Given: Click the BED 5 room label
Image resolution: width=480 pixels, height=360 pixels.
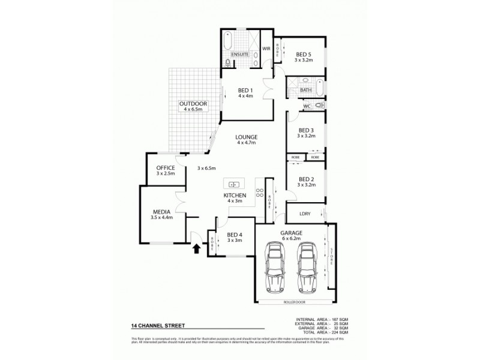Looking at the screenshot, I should (x=304, y=54).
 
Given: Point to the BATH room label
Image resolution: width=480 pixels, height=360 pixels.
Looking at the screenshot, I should (x=305, y=91).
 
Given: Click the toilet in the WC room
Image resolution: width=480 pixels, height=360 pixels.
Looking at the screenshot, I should (x=318, y=105).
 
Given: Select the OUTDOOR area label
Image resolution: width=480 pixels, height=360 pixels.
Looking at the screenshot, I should (x=193, y=104).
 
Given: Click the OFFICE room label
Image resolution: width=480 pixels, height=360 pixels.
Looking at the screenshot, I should (x=165, y=167).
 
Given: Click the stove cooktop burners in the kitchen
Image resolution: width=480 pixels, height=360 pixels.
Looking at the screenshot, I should (x=260, y=193).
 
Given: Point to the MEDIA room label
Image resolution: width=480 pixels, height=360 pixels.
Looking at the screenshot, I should (x=161, y=211).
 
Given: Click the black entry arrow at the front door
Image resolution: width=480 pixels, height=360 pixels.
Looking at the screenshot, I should (x=196, y=248).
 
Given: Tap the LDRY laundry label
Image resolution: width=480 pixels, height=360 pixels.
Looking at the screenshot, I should (x=296, y=214).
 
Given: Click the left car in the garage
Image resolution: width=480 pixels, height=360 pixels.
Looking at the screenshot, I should (x=276, y=266).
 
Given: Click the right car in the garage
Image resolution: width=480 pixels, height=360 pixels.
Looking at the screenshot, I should (x=307, y=266).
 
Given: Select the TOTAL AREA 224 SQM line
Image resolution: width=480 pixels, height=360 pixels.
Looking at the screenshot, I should (x=325, y=331).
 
